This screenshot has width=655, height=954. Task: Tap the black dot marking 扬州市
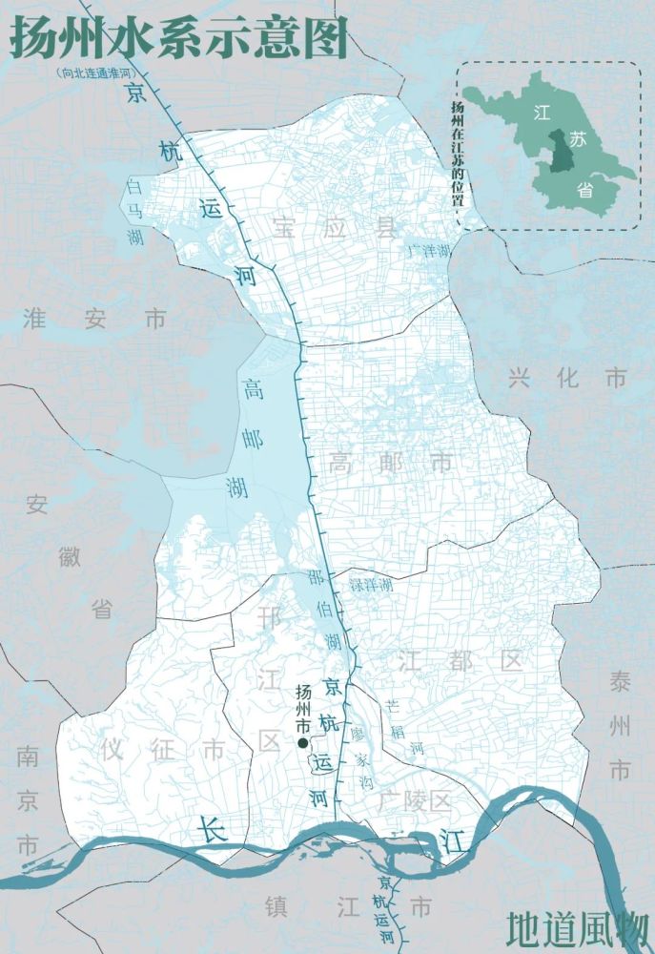302,743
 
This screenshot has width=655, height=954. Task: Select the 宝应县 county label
333,227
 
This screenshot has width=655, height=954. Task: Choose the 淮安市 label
94,319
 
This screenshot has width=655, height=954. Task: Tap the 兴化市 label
568,378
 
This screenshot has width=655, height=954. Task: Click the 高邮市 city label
391,464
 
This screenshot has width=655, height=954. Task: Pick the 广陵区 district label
413,799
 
